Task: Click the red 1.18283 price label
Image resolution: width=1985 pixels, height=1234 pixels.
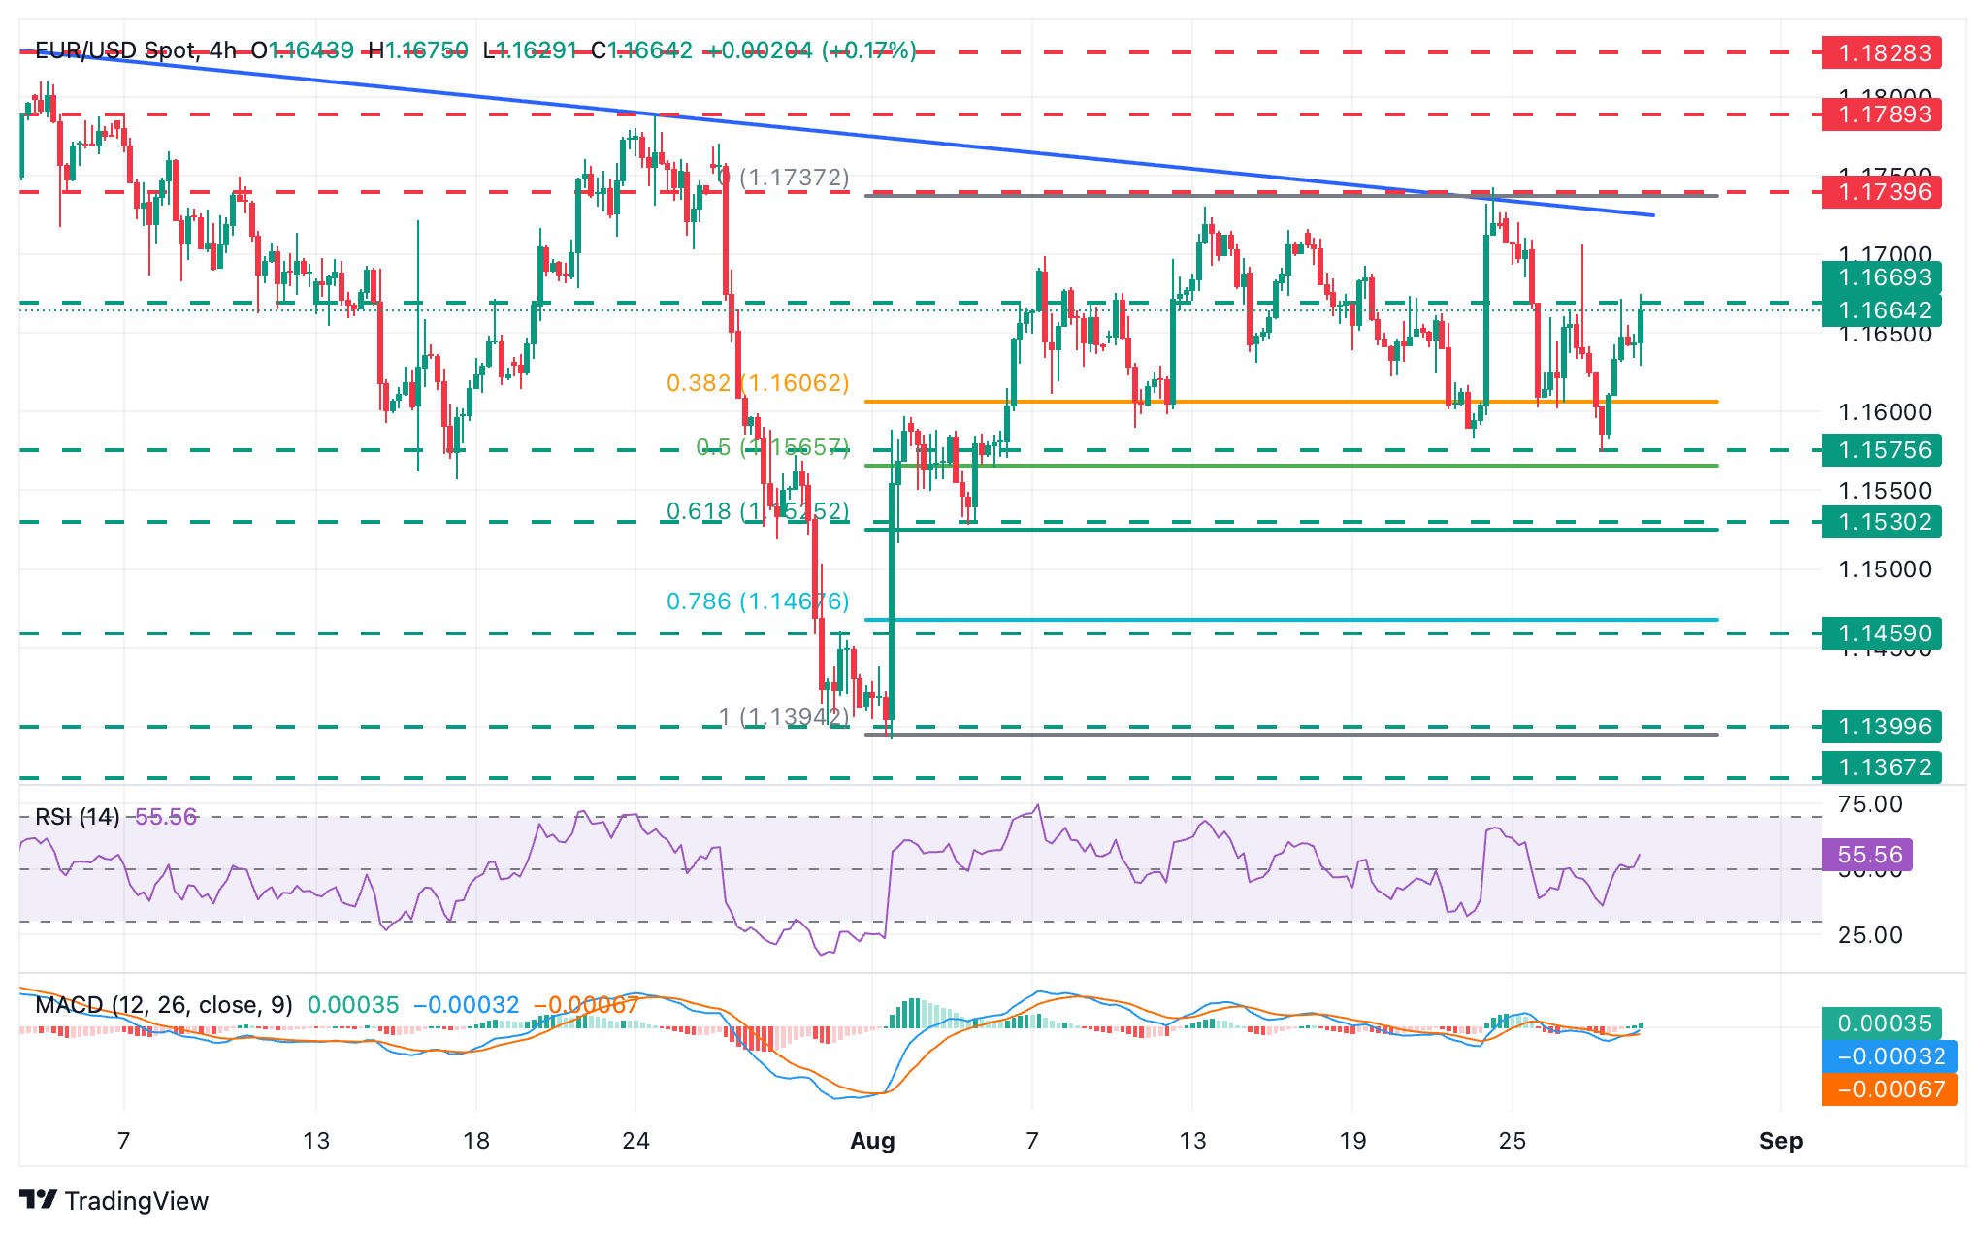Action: click(1881, 52)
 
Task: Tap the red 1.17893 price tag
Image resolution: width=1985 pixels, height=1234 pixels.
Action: click(1881, 114)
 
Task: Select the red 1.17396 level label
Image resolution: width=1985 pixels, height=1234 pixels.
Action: click(1881, 192)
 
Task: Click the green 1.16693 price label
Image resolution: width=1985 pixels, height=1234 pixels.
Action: click(1881, 277)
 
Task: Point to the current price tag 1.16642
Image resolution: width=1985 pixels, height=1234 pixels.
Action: click(1881, 310)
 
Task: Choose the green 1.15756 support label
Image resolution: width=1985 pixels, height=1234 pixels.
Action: click(1881, 450)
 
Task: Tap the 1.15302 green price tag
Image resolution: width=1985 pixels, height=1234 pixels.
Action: click(1881, 522)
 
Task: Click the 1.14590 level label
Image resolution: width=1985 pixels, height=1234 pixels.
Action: click(1881, 633)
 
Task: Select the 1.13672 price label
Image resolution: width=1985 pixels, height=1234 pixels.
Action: click(1881, 767)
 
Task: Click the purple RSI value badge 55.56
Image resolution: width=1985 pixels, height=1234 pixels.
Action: click(1868, 855)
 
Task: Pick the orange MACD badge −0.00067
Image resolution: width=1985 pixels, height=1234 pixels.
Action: click(1889, 1089)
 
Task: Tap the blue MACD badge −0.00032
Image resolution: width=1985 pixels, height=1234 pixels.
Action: click(1889, 1056)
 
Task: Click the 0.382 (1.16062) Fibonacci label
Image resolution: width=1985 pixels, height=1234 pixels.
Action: click(758, 383)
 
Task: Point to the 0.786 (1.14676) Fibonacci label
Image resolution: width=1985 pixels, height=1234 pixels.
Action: click(758, 601)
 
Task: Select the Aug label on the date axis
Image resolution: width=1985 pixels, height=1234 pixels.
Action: click(872, 1141)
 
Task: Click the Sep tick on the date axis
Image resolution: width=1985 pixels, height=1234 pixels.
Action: click(1780, 1141)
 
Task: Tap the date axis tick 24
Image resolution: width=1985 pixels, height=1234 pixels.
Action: click(635, 1141)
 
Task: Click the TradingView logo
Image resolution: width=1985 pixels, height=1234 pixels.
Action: click(114, 1201)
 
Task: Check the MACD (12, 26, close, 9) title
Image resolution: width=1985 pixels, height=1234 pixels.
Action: click(163, 1005)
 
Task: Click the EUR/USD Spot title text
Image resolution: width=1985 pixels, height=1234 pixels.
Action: click(115, 50)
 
